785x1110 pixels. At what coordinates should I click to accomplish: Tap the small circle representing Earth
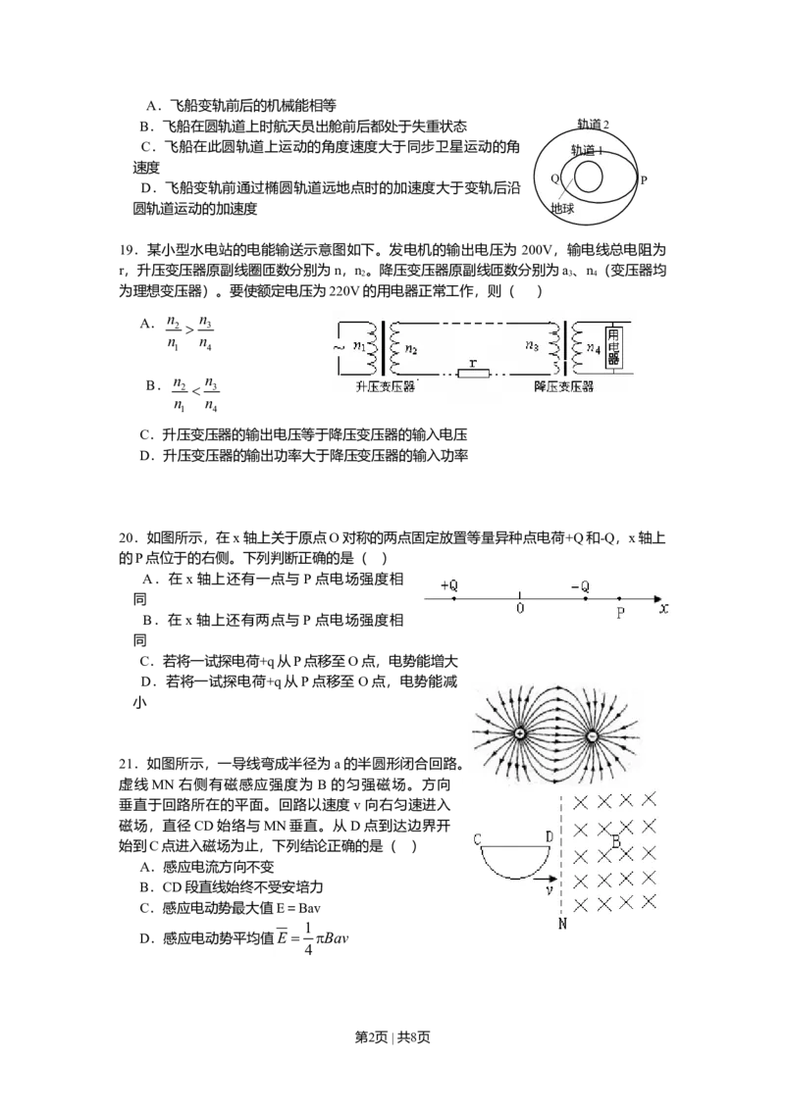pyautogui.click(x=589, y=177)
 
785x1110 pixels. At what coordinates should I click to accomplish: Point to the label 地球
pyautogui.click(x=562, y=208)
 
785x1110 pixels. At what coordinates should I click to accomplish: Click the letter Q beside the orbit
pyautogui.click(x=554, y=178)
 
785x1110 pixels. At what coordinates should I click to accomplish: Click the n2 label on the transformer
pyautogui.click(x=411, y=347)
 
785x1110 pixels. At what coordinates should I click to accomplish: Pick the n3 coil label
pyautogui.click(x=532, y=346)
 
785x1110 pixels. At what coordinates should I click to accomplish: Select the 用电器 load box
pyautogui.click(x=615, y=347)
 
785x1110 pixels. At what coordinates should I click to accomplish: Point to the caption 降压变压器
pyautogui.click(x=563, y=388)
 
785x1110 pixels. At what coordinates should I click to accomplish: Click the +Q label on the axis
pyautogui.click(x=449, y=585)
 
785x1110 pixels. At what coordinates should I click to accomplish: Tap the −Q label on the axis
pyautogui.click(x=580, y=586)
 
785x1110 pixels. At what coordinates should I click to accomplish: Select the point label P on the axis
pyautogui.click(x=620, y=614)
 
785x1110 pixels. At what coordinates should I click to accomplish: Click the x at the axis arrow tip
pyautogui.click(x=664, y=609)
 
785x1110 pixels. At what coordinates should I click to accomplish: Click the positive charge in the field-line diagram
pyautogui.click(x=519, y=734)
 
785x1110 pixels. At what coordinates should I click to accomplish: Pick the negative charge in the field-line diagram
pyautogui.click(x=592, y=735)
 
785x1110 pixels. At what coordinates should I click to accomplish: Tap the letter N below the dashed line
pyautogui.click(x=562, y=924)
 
